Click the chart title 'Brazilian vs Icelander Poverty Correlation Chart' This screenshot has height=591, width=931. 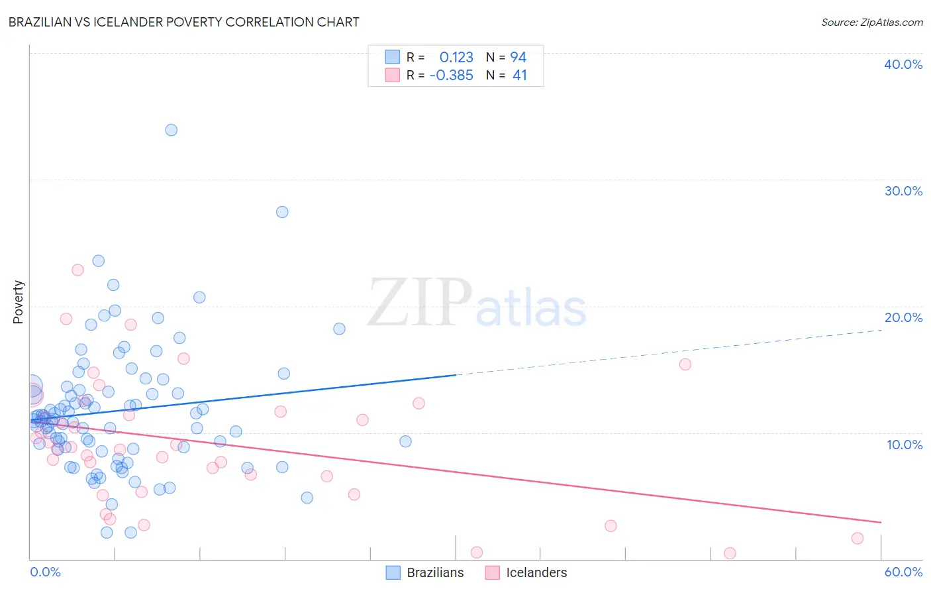tap(183, 22)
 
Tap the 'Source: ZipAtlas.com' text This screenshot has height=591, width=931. tap(871, 22)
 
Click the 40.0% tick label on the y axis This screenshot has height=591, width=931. tap(903, 64)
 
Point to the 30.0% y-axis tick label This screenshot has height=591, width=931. tap(903, 191)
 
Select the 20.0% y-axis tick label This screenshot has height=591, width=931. tap(903, 317)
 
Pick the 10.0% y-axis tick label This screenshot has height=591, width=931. tap(904, 445)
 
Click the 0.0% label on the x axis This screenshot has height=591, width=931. tap(45, 572)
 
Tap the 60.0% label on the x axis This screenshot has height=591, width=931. tap(903, 572)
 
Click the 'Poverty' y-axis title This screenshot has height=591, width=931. tap(18, 302)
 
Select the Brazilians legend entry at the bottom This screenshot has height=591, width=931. tap(424, 572)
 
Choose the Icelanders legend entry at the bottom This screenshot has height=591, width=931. tap(526, 572)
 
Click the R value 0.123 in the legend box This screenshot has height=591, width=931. tap(456, 57)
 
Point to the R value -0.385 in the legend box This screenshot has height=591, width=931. tap(451, 76)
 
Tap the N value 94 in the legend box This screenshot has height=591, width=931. tap(518, 57)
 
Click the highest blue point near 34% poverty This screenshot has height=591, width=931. tap(171, 130)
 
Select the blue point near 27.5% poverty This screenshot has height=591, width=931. tap(282, 212)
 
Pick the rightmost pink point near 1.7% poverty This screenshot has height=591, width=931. tap(857, 538)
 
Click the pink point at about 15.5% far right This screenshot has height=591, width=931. tap(685, 364)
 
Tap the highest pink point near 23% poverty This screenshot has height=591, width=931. tap(77, 270)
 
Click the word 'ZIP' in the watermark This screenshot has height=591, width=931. tap(420, 303)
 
